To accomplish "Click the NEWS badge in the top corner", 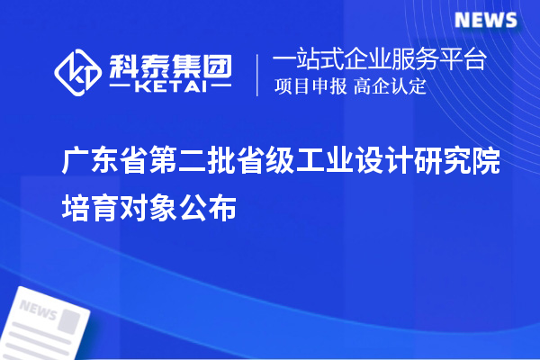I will pos(485,20).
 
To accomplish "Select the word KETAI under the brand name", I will pos(169,87).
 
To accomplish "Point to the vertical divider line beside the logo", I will pos(259,74).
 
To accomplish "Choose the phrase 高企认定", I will pos(390,87).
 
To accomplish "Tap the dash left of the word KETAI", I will pos(120,87).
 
